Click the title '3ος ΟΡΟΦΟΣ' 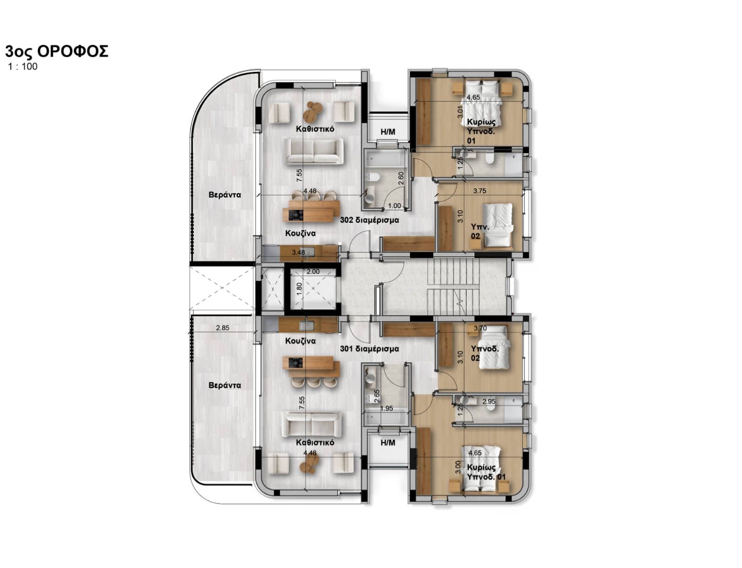click(x=57, y=52)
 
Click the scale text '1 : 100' click(x=23, y=66)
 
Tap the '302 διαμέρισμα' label click(x=369, y=220)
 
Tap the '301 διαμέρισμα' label click(x=369, y=349)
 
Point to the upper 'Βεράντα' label click(x=224, y=195)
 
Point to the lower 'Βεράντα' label click(x=224, y=385)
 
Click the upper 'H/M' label click(x=388, y=132)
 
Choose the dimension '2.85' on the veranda click(x=223, y=328)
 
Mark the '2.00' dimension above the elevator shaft click(x=313, y=271)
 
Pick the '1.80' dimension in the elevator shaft click(x=299, y=289)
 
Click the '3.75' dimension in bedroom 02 click(x=480, y=191)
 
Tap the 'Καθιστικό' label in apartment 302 click(x=315, y=129)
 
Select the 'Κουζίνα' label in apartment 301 click(x=301, y=341)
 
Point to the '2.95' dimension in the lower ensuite click(x=489, y=401)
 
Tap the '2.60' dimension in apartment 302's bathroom click(x=401, y=178)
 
